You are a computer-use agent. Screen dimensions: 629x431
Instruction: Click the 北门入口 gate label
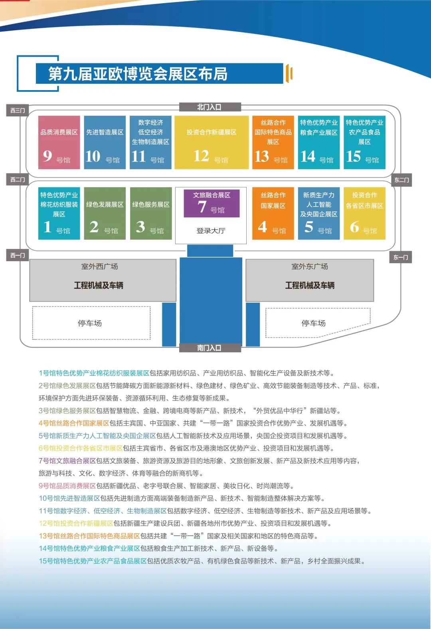[x=210, y=107]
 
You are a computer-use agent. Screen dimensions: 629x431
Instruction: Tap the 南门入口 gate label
[x=210, y=348]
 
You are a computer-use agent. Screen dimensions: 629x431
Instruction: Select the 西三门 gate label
[x=18, y=110]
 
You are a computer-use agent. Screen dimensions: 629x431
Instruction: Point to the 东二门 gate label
[x=401, y=180]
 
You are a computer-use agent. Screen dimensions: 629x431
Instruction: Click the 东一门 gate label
[x=401, y=257]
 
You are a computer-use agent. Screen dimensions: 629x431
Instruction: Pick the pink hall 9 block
[x=59, y=142]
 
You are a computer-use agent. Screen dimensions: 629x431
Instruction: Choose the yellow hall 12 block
[x=212, y=142]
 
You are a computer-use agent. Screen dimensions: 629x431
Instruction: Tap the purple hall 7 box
[x=212, y=203]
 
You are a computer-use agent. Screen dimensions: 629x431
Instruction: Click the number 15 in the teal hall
[x=354, y=156]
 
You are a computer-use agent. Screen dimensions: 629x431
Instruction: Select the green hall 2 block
[x=105, y=213]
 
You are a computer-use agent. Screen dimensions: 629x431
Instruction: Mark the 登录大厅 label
[x=211, y=231]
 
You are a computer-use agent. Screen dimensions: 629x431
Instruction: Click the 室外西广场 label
[x=100, y=266]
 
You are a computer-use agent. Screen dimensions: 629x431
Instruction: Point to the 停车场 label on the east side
[x=314, y=323]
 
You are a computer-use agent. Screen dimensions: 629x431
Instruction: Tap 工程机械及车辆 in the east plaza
[x=310, y=285]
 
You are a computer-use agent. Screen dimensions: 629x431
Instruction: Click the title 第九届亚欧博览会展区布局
[x=138, y=74]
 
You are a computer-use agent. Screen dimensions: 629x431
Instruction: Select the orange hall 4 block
[x=273, y=213]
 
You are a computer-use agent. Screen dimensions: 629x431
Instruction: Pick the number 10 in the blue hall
[x=93, y=156]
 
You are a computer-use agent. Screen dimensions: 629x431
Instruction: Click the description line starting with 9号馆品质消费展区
[x=167, y=486]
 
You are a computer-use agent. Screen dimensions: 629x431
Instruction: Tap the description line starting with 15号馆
[x=202, y=561]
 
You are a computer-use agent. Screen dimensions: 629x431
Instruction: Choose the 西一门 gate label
[x=18, y=255]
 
